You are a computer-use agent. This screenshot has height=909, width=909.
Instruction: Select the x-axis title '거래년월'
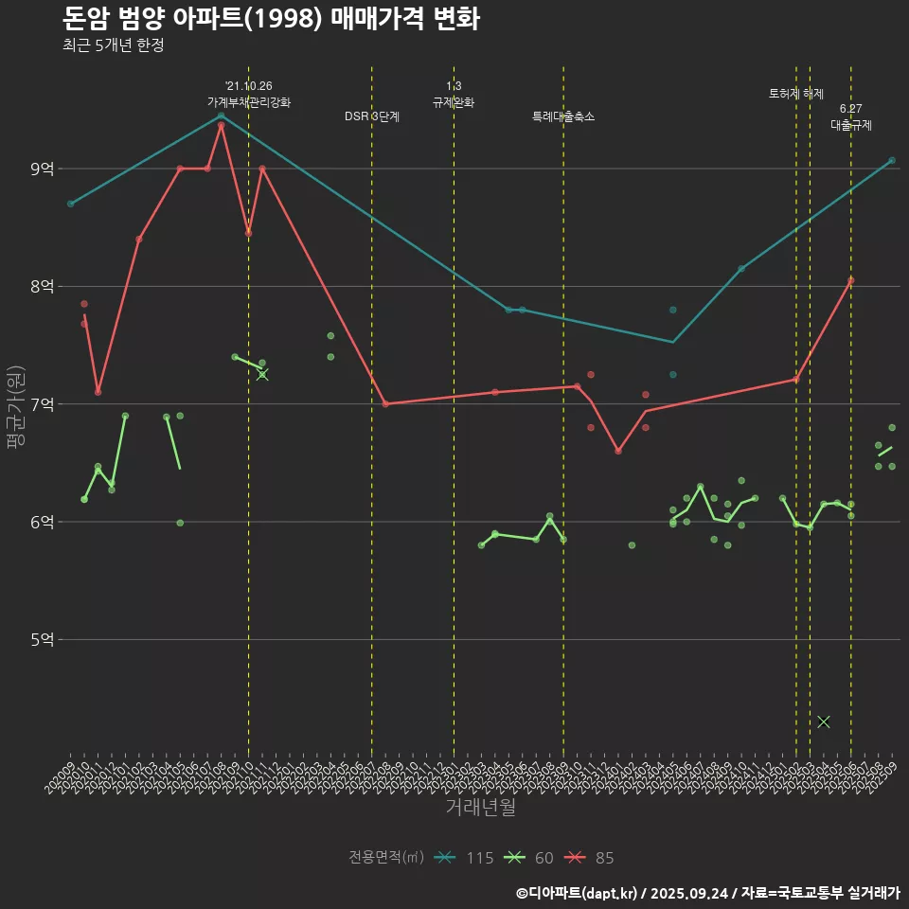480,808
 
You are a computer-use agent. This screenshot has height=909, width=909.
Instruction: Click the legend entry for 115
465,858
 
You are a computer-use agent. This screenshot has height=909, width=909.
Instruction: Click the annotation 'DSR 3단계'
371,116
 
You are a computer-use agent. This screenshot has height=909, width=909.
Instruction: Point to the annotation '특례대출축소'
563,116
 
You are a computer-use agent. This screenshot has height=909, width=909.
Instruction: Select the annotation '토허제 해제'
795,94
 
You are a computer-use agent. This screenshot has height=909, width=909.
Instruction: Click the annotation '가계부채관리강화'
249,101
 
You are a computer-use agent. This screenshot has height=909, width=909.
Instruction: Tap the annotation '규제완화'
454,101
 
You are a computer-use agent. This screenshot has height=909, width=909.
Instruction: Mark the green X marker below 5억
824,722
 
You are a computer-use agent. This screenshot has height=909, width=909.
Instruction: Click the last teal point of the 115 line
892,160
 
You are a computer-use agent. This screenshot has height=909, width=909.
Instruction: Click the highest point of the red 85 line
221,125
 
